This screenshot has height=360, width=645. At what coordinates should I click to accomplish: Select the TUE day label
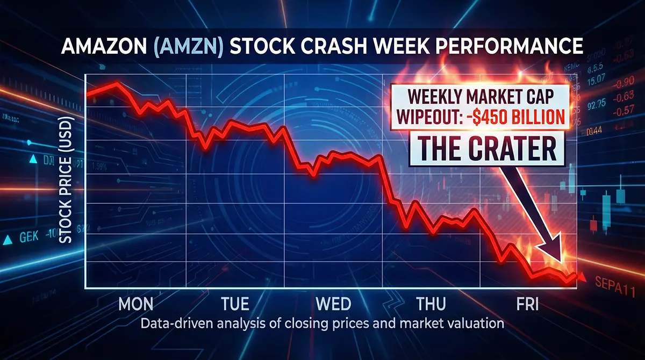235,304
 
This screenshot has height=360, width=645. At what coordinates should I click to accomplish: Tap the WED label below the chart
333,304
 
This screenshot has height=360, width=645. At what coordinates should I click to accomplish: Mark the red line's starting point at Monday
87,95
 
